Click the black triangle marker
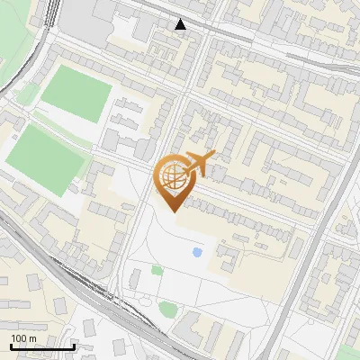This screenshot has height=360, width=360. tap(181, 24)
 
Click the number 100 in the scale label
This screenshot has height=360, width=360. tap(19, 338)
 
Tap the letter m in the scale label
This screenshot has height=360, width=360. tap(32, 338)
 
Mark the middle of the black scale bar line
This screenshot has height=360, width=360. tap(42, 346)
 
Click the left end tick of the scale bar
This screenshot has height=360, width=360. tap(10, 346)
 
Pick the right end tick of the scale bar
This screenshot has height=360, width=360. tap(74, 346)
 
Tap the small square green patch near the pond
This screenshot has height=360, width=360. tap(157, 270)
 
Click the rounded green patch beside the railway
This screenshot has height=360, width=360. tap(167, 310)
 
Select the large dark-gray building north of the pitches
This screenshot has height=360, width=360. tap(90, 13)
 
